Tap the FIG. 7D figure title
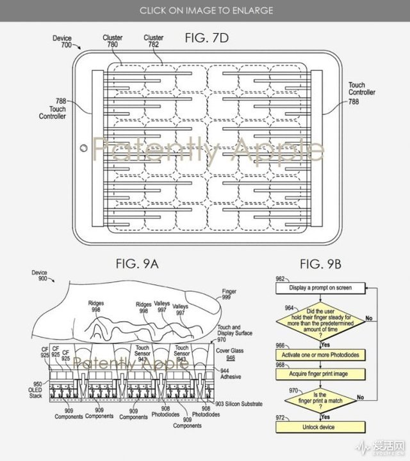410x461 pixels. click(207, 38)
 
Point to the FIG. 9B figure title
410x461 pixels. click(320, 262)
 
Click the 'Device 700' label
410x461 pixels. click(62, 42)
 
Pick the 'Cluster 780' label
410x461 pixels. click(113, 42)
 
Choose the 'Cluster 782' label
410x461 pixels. click(154, 42)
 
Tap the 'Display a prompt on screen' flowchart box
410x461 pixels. click(320, 288)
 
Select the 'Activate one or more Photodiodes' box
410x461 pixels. click(320, 354)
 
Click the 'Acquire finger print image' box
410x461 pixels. click(320, 373)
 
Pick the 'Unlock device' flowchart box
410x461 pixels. click(320, 426)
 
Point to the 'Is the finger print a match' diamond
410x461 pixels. click(320, 399)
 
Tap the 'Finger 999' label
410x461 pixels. click(229, 295)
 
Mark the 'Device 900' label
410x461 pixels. click(39, 276)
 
